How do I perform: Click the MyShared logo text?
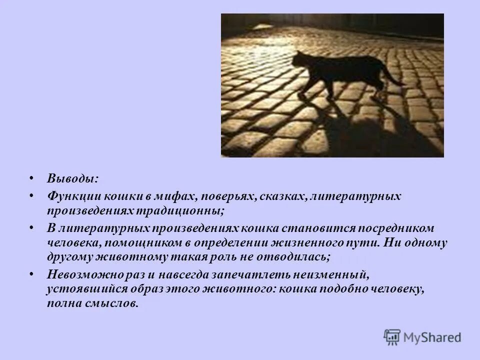click(x=432, y=337)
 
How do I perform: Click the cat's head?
click(x=300, y=59)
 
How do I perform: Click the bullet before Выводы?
click(x=32, y=178)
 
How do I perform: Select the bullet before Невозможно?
click(x=32, y=274)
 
